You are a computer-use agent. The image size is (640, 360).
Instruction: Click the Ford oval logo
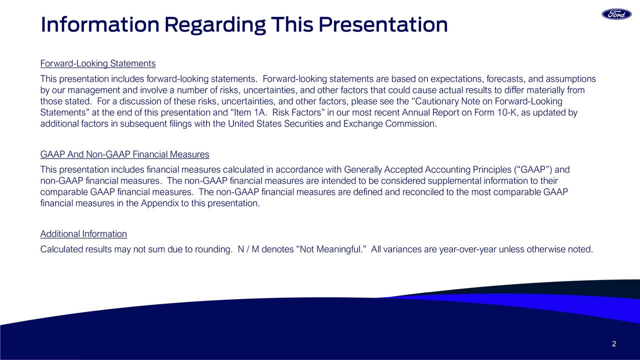coord(616,14)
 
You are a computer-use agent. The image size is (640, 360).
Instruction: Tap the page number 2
coord(614,343)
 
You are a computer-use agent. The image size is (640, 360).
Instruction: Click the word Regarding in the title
coord(215,25)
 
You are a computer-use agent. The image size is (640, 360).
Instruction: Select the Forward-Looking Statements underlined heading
coord(97,63)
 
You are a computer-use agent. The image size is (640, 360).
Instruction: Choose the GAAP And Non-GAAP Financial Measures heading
coord(124,154)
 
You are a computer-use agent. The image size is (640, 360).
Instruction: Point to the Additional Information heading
coord(83,234)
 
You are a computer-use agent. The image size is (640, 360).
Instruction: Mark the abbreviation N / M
coord(248,249)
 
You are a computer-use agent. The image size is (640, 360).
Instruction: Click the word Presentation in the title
coord(383,25)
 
